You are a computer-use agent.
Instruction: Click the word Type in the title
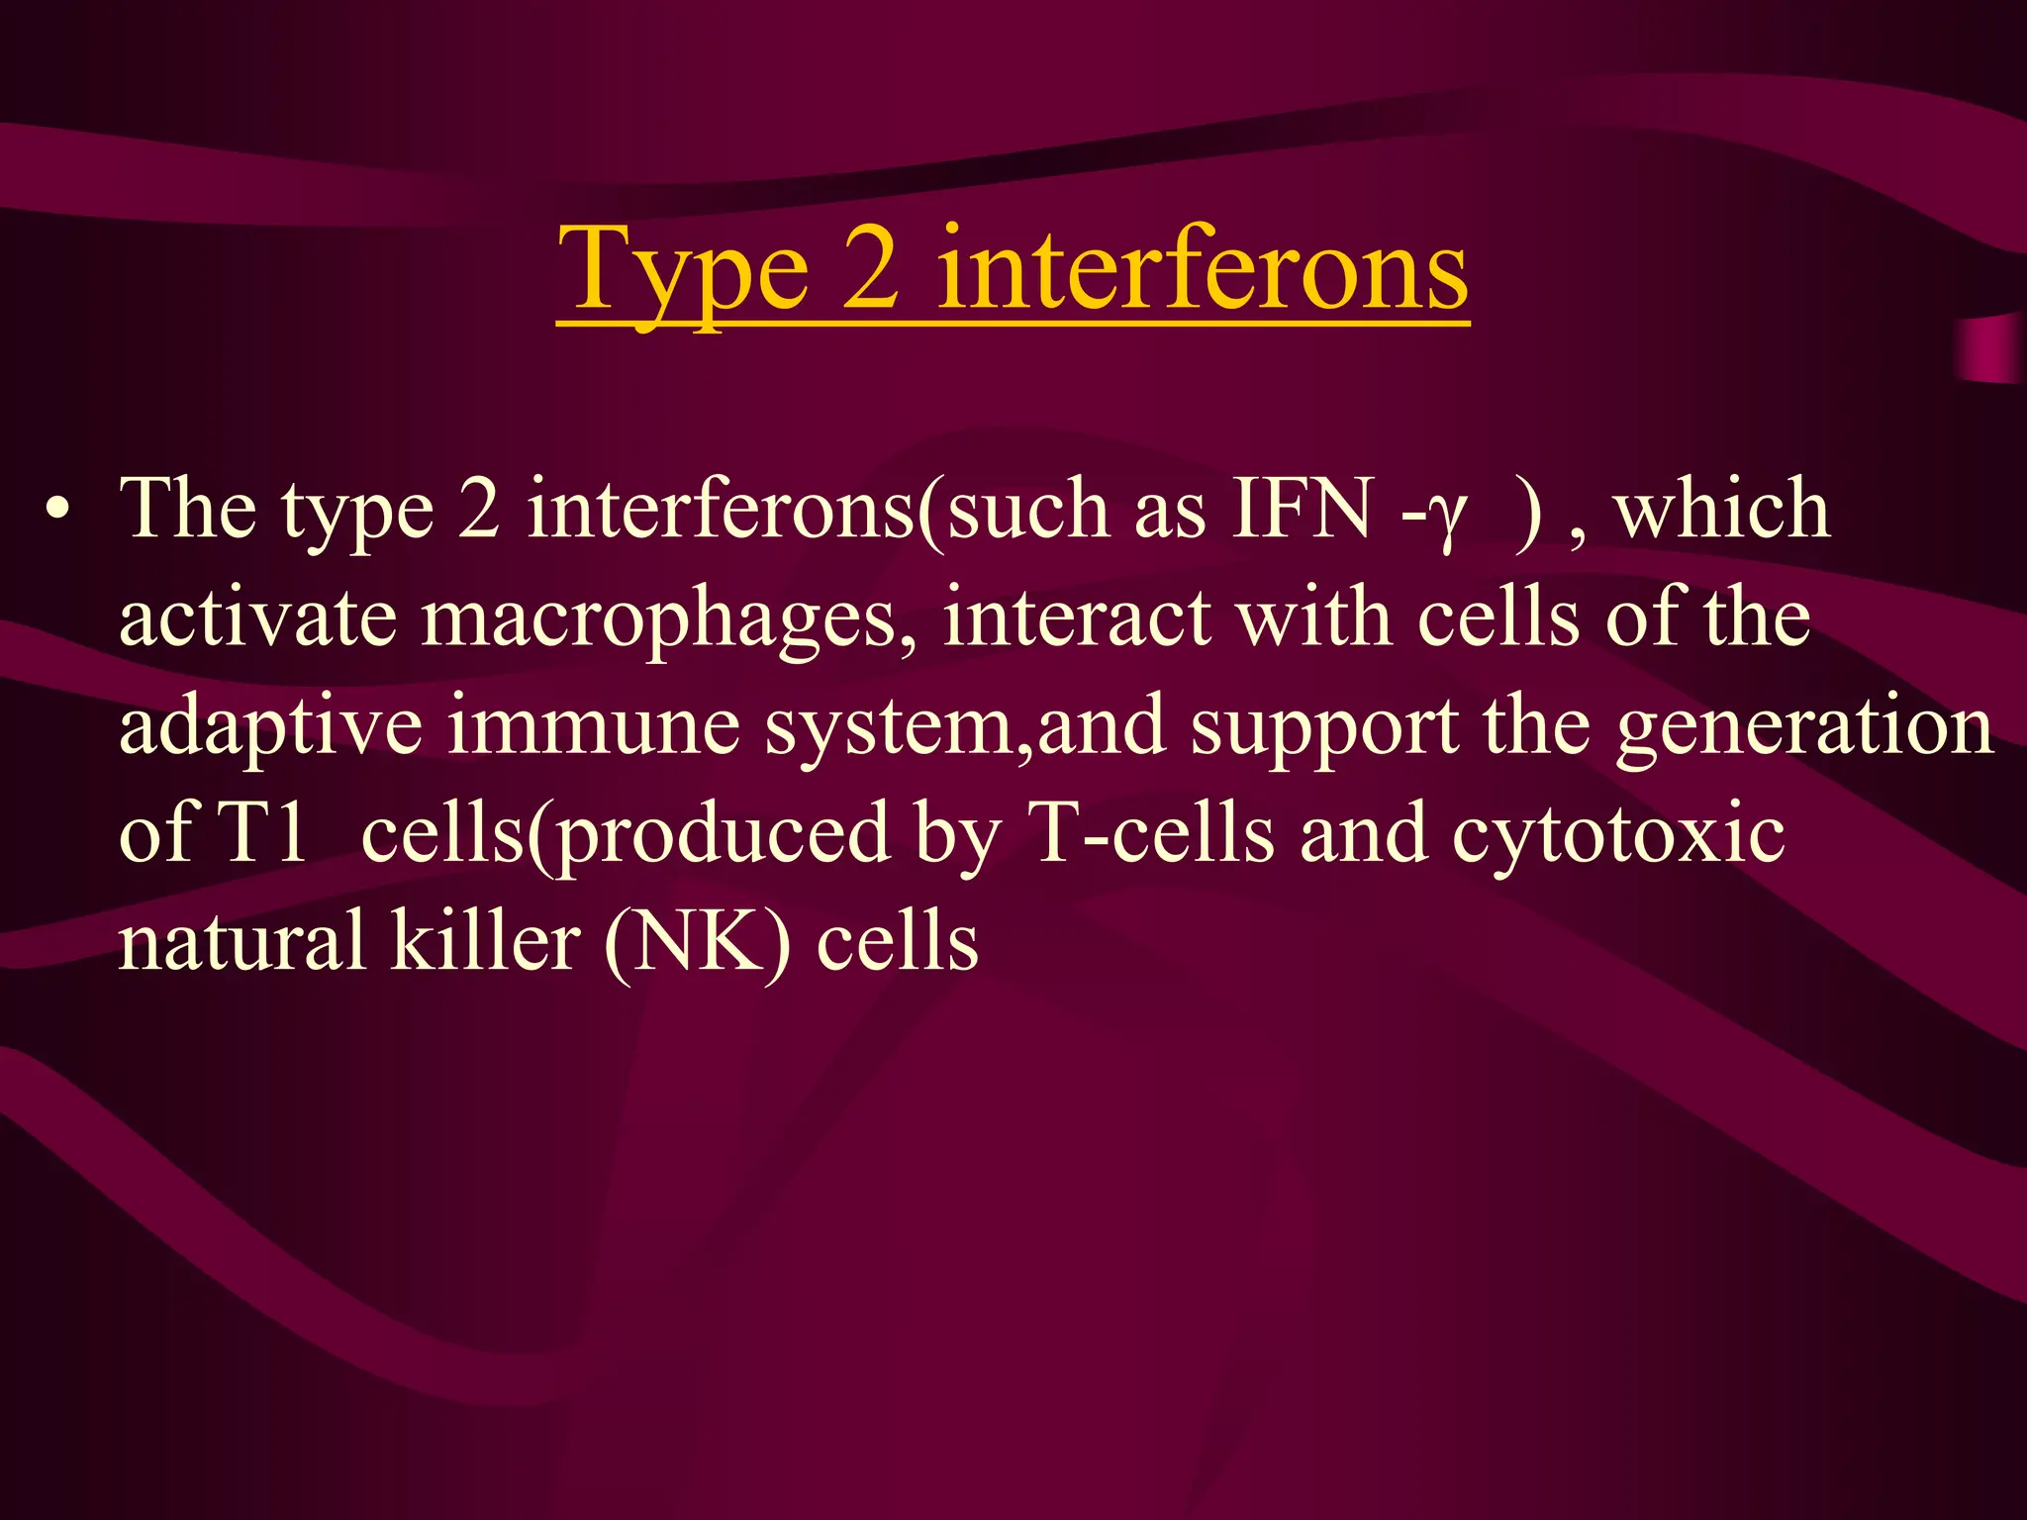coord(683,269)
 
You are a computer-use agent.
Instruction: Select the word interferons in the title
coord(1202,267)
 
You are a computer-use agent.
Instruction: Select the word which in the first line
coord(1721,510)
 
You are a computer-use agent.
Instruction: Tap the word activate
coord(257,618)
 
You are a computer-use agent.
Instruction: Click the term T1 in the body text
coord(260,833)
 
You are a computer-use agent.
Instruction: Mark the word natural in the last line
coord(241,942)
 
